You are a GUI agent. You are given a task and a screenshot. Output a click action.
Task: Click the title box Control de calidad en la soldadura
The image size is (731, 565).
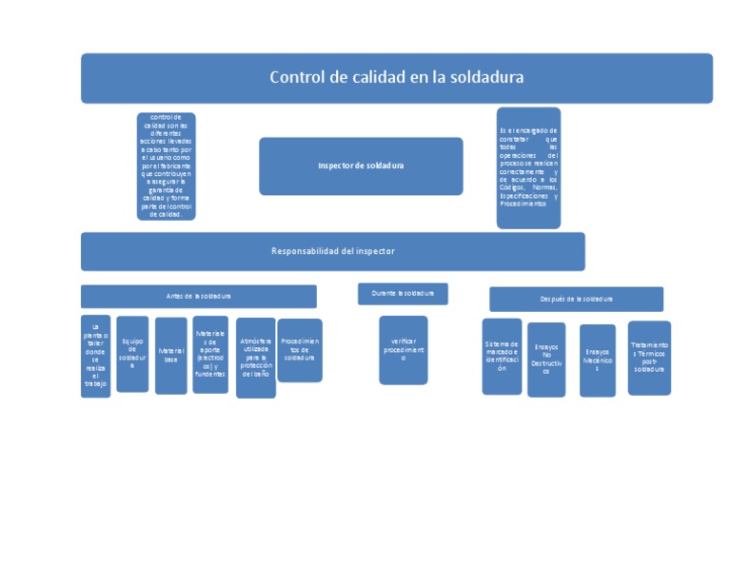pos(396,78)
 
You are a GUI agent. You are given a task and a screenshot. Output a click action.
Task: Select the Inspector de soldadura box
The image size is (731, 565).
pos(361,166)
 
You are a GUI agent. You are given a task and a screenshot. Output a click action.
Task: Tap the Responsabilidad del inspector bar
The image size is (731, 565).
pos(332,251)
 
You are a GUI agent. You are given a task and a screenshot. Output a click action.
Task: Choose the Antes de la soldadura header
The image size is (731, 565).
pos(198,297)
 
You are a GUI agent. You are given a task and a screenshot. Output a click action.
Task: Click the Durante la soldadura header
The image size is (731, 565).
pos(403,294)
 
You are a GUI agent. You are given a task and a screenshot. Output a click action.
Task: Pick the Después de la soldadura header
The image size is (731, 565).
pos(576,300)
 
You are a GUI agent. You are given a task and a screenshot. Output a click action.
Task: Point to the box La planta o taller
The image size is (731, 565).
pos(95,356)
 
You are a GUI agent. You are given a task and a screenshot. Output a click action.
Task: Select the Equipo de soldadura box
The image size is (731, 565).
pos(132,354)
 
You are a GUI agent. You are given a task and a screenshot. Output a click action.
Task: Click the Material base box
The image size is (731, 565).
pos(170,356)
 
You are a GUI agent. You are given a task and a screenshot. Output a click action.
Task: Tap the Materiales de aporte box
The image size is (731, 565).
pos(210,355)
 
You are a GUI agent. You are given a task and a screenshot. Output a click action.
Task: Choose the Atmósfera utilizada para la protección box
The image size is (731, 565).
pos(255,358)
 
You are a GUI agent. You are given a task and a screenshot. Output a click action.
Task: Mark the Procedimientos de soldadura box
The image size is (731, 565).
pos(299,351)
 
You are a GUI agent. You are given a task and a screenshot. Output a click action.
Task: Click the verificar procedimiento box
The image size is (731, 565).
pos(403,350)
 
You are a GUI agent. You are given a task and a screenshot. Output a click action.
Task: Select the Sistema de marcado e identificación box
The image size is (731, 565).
pos(502,357)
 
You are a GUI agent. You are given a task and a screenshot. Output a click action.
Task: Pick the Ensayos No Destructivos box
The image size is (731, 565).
pos(546,360)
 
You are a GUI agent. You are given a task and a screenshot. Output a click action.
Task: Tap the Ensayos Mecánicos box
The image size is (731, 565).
pos(597,360)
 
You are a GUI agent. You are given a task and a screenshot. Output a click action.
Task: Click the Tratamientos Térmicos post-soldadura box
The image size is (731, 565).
pos(649,358)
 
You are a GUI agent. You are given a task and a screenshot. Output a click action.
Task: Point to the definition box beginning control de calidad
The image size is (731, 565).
pos(166,166)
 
